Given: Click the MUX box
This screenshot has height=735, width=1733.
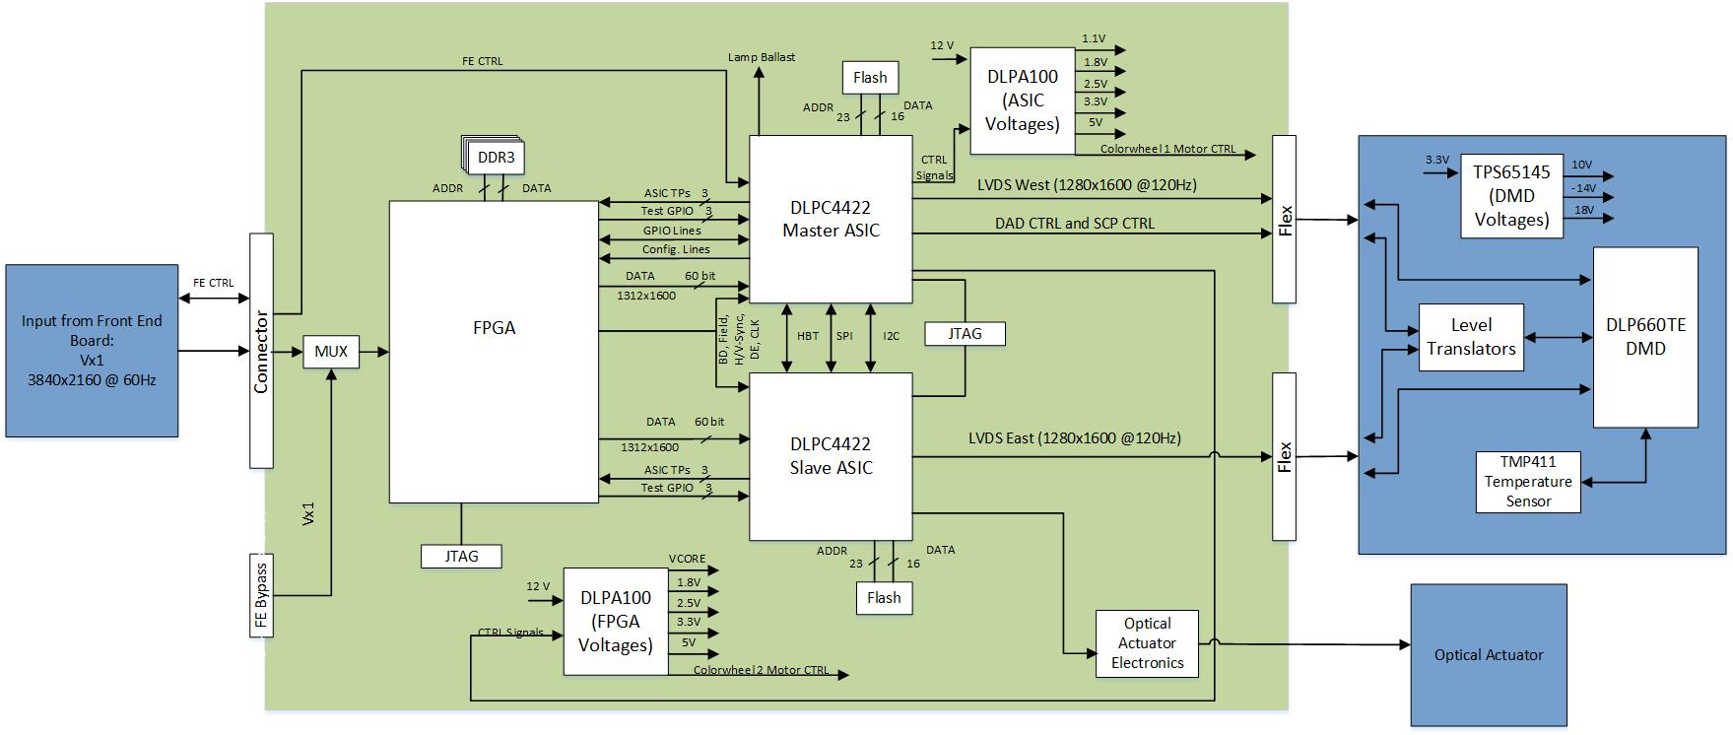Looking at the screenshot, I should click(x=331, y=352).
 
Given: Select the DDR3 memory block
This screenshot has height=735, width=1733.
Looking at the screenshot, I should click(x=496, y=158).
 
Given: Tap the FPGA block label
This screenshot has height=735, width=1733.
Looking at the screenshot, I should click(x=494, y=328).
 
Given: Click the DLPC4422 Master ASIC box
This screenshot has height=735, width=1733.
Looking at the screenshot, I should click(x=831, y=219).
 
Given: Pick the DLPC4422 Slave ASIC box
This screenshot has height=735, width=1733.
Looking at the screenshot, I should click(x=831, y=456).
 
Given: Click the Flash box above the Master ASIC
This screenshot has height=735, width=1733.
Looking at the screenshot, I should click(x=870, y=78).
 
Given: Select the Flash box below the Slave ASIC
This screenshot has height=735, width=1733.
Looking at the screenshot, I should click(x=884, y=598).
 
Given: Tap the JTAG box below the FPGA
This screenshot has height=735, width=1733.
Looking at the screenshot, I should click(x=461, y=557).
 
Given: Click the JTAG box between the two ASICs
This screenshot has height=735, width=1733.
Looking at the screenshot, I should click(x=965, y=334).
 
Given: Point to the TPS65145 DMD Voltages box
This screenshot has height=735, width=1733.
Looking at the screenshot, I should click(x=1511, y=196).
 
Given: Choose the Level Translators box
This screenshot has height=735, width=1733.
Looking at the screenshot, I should click(x=1471, y=337).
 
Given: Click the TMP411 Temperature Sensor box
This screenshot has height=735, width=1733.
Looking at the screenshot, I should click(x=1528, y=482).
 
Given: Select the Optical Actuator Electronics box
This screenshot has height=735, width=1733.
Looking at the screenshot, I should click(x=1147, y=643).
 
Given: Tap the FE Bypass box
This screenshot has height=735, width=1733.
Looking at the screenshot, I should click(x=261, y=595).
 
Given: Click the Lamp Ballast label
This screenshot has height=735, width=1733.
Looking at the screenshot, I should click(x=761, y=57).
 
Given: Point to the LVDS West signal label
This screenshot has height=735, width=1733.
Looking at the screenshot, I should click(x=1087, y=184).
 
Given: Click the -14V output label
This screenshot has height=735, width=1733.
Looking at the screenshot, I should click(x=1583, y=187).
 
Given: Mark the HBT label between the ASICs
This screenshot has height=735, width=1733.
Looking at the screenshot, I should click(x=807, y=336).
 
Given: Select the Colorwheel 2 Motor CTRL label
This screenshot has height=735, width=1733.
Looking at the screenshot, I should click(x=761, y=671).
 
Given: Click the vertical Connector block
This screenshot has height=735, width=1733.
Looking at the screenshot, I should click(x=261, y=351).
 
